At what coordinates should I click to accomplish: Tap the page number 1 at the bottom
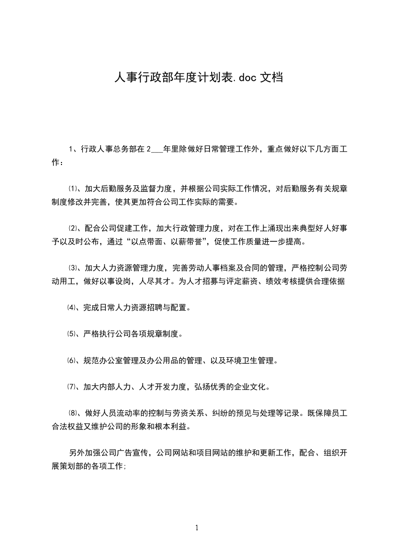coord(197,528)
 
